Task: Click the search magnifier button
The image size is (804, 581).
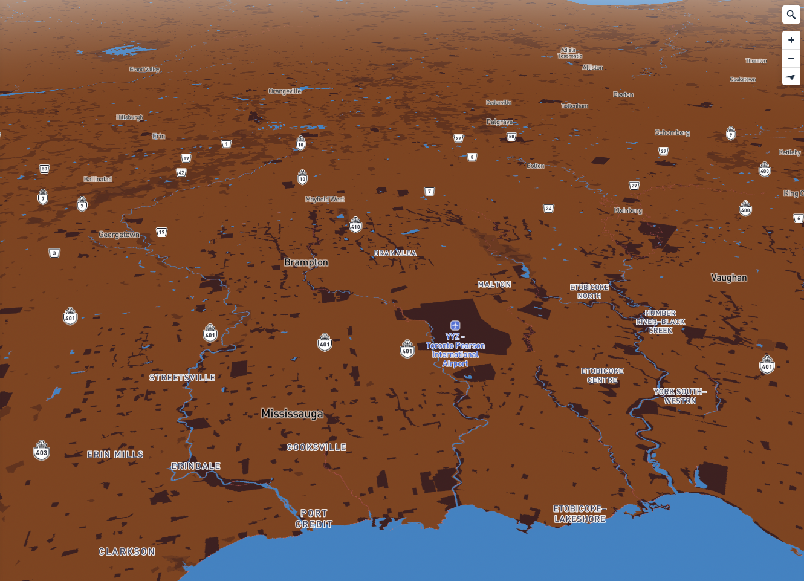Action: (x=791, y=15)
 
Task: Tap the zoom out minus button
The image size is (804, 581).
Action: (x=791, y=59)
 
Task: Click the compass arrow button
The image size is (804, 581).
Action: (x=791, y=77)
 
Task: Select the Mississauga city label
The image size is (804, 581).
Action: (x=292, y=414)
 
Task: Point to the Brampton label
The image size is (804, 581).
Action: (x=306, y=262)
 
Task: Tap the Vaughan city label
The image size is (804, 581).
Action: (x=728, y=278)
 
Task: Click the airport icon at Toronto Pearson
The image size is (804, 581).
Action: (x=455, y=326)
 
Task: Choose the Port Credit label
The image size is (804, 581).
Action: (x=314, y=519)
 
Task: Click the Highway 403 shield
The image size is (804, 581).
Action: (x=42, y=451)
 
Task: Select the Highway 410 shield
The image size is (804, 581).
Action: (x=355, y=226)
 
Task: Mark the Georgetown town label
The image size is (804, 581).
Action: (x=119, y=235)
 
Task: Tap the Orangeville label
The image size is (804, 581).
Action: (x=285, y=91)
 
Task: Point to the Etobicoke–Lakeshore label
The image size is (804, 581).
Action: (x=580, y=514)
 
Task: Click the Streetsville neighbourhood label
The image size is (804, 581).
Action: (x=182, y=378)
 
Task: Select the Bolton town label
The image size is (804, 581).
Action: (x=535, y=166)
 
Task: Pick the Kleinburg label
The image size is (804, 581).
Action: (x=627, y=210)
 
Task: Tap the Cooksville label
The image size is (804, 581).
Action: (x=316, y=447)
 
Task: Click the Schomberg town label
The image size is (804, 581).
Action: (x=672, y=132)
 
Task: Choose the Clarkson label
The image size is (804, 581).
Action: (x=127, y=551)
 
